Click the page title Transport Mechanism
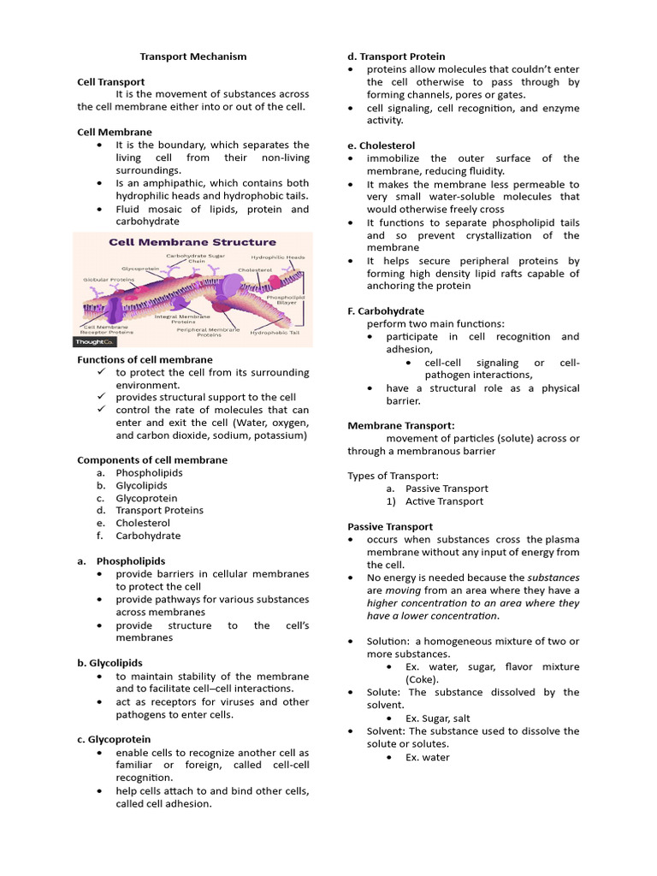click(193, 56)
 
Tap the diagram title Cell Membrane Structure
click(192, 242)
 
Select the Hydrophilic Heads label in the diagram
click(277, 257)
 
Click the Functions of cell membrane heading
click(145, 360)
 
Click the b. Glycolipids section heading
click(109, 663)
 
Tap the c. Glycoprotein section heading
click(114, 739)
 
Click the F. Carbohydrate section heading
click(385, 311)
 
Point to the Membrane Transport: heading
click(400, 425)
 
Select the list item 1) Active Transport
click(444, 501)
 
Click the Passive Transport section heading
click(389, 527)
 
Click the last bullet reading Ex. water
click(427, 757)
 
